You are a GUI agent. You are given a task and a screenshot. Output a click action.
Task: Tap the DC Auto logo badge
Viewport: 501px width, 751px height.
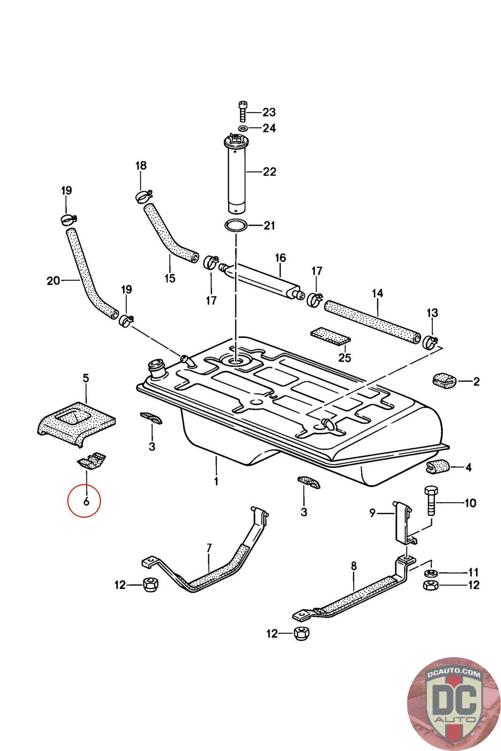pyautogui.click(x=454, y=704)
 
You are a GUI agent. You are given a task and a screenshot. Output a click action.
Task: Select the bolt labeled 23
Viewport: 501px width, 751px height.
pyautogui.click(x=242, y=111)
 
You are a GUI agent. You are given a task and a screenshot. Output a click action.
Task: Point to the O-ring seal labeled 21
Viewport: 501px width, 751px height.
pyautogui.click(x=236, y=225)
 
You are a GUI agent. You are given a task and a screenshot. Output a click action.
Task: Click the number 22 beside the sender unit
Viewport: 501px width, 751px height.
pyautogui.click(x=269, y=172)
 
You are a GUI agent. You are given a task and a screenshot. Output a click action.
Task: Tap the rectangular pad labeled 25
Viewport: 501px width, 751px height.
pyautogui.click(x=330, y=336)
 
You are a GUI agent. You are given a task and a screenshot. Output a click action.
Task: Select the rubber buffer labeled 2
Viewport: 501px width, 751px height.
pyautogui.click(x=443, y=381)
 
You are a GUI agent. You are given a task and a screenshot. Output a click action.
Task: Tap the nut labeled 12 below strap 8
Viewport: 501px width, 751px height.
pyautogui.click(x=301, y=633)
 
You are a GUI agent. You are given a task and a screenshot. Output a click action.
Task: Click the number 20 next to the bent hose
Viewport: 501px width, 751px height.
pyautogui.click(x=54, y=280)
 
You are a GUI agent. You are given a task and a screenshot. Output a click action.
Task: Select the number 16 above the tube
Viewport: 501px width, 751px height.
pyautogui.click(x=280, y=258)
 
